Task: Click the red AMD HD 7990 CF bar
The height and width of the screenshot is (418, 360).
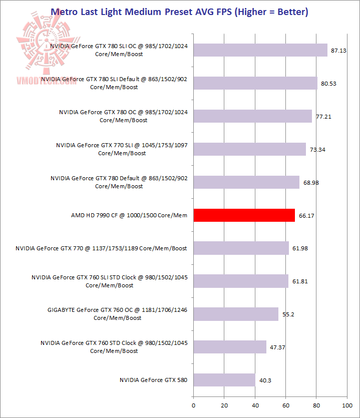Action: pyautogui.click(x=244, y=215)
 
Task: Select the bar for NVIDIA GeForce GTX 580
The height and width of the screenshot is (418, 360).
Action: pyautogui.click(x=224, y=380)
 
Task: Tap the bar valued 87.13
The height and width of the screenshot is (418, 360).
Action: pyautogui.click(x=260, y=50)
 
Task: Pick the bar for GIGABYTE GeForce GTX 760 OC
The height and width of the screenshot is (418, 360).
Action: pyautogui.click(x=235, y=314)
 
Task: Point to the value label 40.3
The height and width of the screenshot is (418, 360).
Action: pyautogui.click(x=265, y=380)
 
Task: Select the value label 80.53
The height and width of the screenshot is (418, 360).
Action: pyautogui.click(x=328, y=84)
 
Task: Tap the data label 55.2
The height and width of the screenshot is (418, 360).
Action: pyautogui.click(x=288, y=314)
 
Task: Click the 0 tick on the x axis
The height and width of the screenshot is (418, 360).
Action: pyautogui.click(x=193, y=404)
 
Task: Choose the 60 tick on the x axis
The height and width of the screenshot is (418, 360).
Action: pyautogui.click(x=285, y=404)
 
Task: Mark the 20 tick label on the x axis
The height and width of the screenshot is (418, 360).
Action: pyautogui.click(x=224, y=404)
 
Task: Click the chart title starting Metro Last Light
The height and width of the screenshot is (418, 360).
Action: pyautogui.click(x=179, y=12)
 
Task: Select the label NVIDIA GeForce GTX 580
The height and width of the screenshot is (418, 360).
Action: pyautogui.click(x=153, y=380)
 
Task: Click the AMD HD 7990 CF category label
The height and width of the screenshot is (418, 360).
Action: pyautogui.click(x=129, y=215)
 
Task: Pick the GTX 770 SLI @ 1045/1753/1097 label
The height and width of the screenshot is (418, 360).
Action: pyautogui.click(x=122, y=149)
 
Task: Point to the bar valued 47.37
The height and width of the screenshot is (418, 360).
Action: pyautogui.click(x=230, y=347)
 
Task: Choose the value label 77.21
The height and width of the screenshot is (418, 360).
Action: pyautogui.click(x=323, y=117)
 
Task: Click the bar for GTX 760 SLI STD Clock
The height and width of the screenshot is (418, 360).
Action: pyautogui.click(x=241, y=281)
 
